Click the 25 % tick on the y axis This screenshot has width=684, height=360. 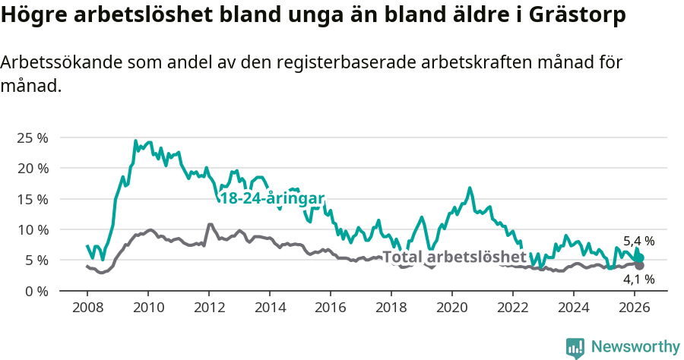pyautogui.click(x=33, y=137)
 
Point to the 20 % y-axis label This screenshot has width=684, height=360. pyautogui.click(x=33, y=168)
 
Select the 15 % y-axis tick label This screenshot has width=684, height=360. pyautogui.click(x=33, y=199)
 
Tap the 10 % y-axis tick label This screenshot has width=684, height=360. pyautogui.click(x=33, y=229)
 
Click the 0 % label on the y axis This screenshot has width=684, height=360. pyautogui.click(x=36, y=291)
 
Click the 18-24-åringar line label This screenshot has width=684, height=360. pyautogui.click(x=271, y=198)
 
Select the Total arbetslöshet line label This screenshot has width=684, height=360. pyautogui.click(x=454, y=257)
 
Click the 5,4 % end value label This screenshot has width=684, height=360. pyautogui.click(x=638, y=242)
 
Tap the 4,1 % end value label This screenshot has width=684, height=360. pyautogui.click(x=638, y=279)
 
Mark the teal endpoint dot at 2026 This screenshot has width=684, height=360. pyautogui.click(x=640, y=258)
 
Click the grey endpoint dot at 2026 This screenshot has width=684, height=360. pyautogui.click(x=640, y=266)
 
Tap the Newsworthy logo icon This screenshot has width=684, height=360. pyautogui.click(x=575, y=347)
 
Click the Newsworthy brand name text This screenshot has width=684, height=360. pyautogui.click(x=635, y=347)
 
